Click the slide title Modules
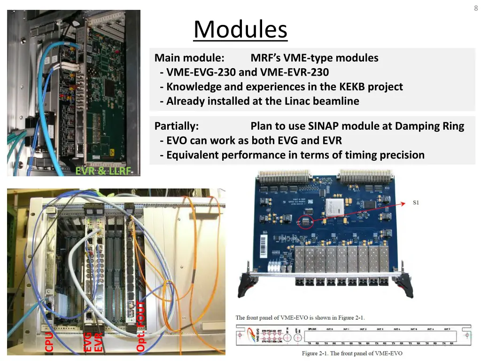(x=240, y=30)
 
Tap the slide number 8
(x=476, y=8)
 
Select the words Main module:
(x=189, y=58)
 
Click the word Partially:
(x=177, y=126)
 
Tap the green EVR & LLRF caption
(x=103, y=171)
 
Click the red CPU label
(x=48, y=341)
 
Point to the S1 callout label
(x=416, y=203)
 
